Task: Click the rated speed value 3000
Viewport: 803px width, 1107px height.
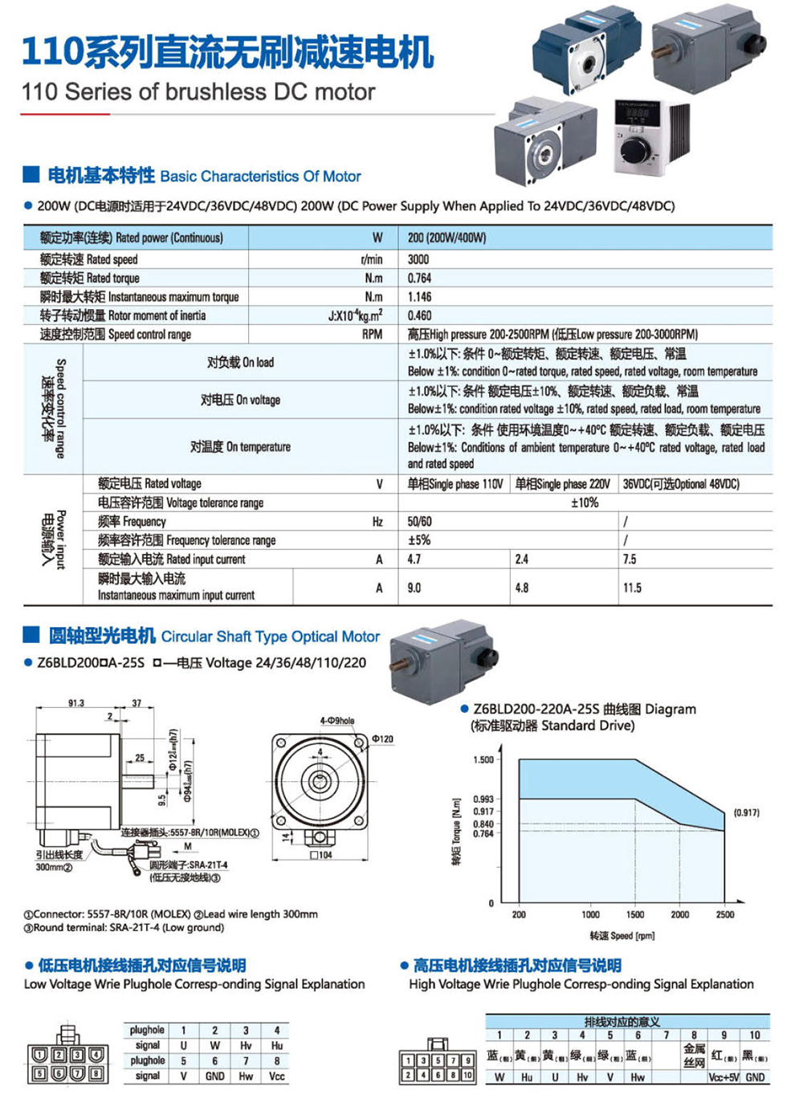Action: click(418, 259)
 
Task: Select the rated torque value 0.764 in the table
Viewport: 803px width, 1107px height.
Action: click(419, 278)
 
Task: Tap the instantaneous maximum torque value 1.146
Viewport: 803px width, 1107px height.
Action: click(419, 296)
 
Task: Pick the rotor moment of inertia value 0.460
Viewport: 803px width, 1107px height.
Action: click(419, 315)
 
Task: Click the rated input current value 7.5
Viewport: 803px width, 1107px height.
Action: click(630, 559)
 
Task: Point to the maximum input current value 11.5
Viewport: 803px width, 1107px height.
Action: click(632, 588)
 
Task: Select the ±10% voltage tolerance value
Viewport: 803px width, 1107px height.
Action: click(584, 503)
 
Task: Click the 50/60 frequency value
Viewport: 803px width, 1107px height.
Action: click(419, 521)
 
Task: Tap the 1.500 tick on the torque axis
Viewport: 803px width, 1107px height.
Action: click(483, 759)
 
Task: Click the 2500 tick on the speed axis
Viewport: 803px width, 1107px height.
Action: click(724, 914)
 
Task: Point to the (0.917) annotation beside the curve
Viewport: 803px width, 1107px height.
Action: click(746, 812)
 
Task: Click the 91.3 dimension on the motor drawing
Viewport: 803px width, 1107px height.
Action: click(75, 703)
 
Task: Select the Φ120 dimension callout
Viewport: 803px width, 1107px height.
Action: click(382, 739)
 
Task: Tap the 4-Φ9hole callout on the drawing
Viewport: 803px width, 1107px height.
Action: click(336, 721)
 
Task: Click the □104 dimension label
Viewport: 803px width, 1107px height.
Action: click(321, 855)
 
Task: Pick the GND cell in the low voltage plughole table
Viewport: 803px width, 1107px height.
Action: click(214, 1076)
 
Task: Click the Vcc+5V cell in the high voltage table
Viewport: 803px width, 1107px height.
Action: click(724, 1077)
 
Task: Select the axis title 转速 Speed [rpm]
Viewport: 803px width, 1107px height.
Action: click(622, 935)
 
